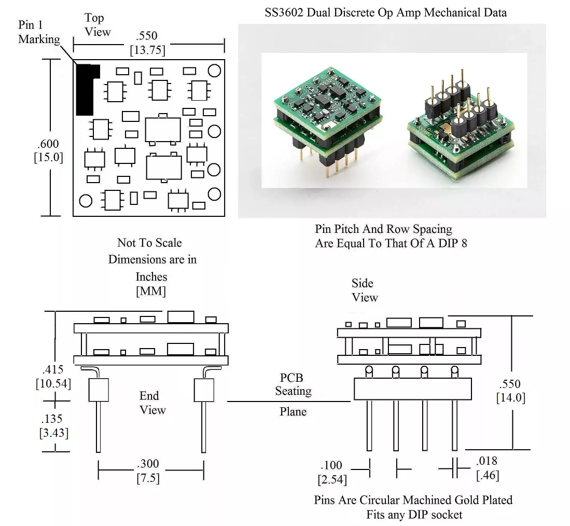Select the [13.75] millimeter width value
click(147, 50)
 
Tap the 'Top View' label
click(97, 25)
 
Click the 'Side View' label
click(364, 290)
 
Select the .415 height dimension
click(53, 370)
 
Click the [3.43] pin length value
click(53, 432)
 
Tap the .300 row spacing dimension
click(148, 464)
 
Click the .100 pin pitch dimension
click(331, 465)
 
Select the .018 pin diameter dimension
click(487, 461)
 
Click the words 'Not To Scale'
click(149, 243)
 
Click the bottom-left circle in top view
click(86, 200)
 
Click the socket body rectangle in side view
click(412, 389)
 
